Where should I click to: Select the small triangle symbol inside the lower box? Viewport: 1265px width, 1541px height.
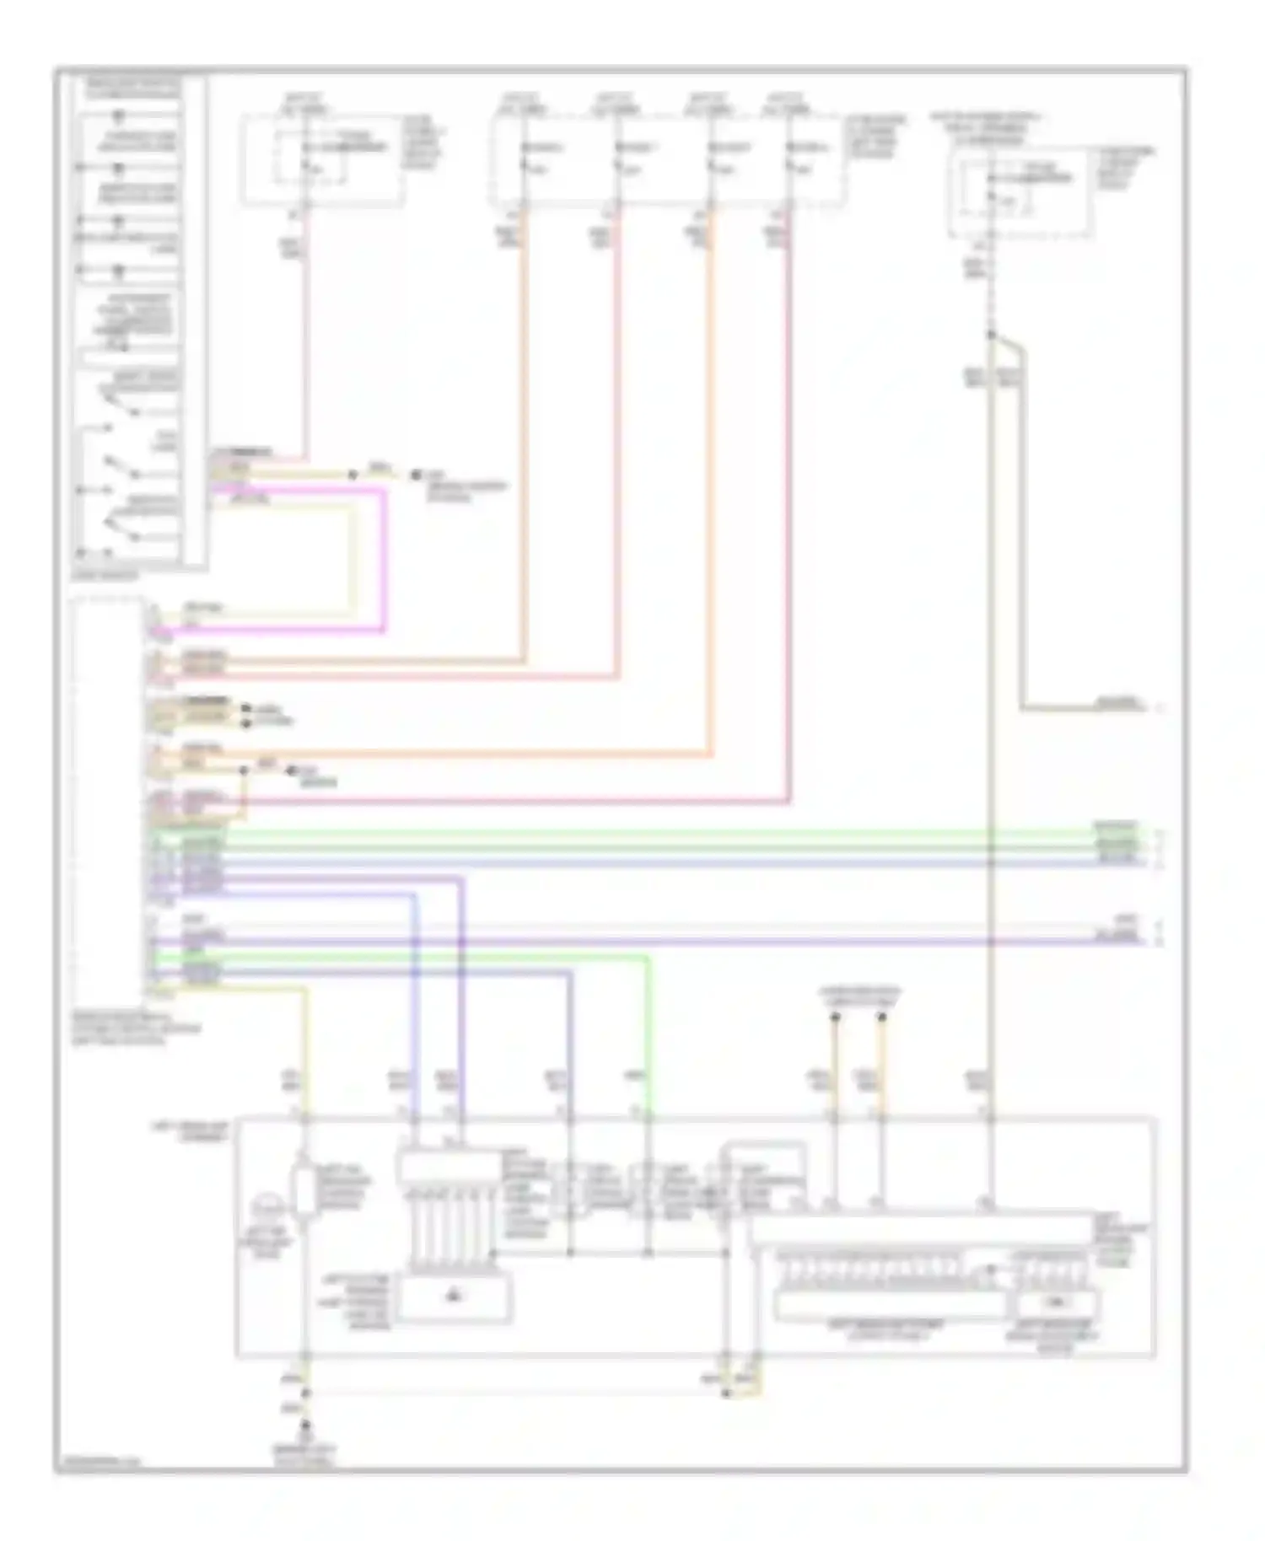coord(455,1294)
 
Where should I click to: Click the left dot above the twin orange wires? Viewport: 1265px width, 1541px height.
coord(835,1017)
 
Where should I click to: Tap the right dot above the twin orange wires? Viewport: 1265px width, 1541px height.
coord(882,1017)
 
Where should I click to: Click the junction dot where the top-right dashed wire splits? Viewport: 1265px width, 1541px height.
coord(992,335)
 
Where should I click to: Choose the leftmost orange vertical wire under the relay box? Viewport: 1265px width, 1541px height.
coord(524,421)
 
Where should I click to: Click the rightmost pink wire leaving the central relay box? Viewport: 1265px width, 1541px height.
coord(789,506)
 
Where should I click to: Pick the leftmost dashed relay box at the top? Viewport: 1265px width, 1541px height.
coord(322,160)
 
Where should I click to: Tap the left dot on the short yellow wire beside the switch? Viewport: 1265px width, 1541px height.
coord(353,475)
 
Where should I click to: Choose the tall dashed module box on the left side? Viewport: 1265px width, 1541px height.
coord(108,797)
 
